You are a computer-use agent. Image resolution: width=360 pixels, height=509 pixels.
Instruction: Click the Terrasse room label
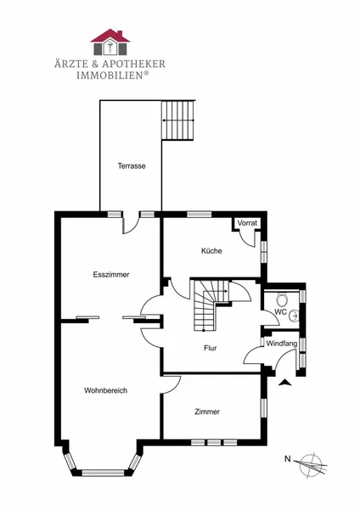point(132,166)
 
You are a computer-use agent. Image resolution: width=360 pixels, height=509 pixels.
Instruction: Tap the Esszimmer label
point(111,275)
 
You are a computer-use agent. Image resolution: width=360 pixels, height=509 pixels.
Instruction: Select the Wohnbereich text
point(105,390)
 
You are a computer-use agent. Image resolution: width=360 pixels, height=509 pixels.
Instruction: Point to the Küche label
point(211,250)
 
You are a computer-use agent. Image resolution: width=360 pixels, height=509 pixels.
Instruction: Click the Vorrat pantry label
point(247,223)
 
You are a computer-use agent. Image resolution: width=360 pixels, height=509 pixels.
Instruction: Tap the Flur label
point(211,348)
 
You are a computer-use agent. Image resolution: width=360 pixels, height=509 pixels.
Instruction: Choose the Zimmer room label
point(207,411)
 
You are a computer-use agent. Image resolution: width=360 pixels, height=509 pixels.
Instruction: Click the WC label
point(281,312)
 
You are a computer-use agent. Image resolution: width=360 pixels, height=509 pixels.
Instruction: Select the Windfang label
point(282,344)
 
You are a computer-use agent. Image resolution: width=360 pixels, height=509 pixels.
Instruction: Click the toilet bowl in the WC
point(282,299)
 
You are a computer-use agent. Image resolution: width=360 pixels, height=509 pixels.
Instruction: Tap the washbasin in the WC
point(294,315)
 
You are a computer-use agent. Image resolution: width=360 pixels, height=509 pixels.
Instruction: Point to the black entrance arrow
point(285,383)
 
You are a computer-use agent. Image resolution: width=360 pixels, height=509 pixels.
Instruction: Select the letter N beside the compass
point(288,459)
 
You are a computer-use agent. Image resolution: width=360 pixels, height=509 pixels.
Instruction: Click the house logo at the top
point(110,42)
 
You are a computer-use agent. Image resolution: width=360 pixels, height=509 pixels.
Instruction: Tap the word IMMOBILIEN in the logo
point(110,76)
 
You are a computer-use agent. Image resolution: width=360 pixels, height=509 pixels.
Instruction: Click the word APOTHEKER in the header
point(134,64)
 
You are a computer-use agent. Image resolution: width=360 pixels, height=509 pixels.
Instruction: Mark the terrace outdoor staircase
point(178,120)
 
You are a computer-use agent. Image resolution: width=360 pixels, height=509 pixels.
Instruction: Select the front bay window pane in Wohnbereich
point(103,473)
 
